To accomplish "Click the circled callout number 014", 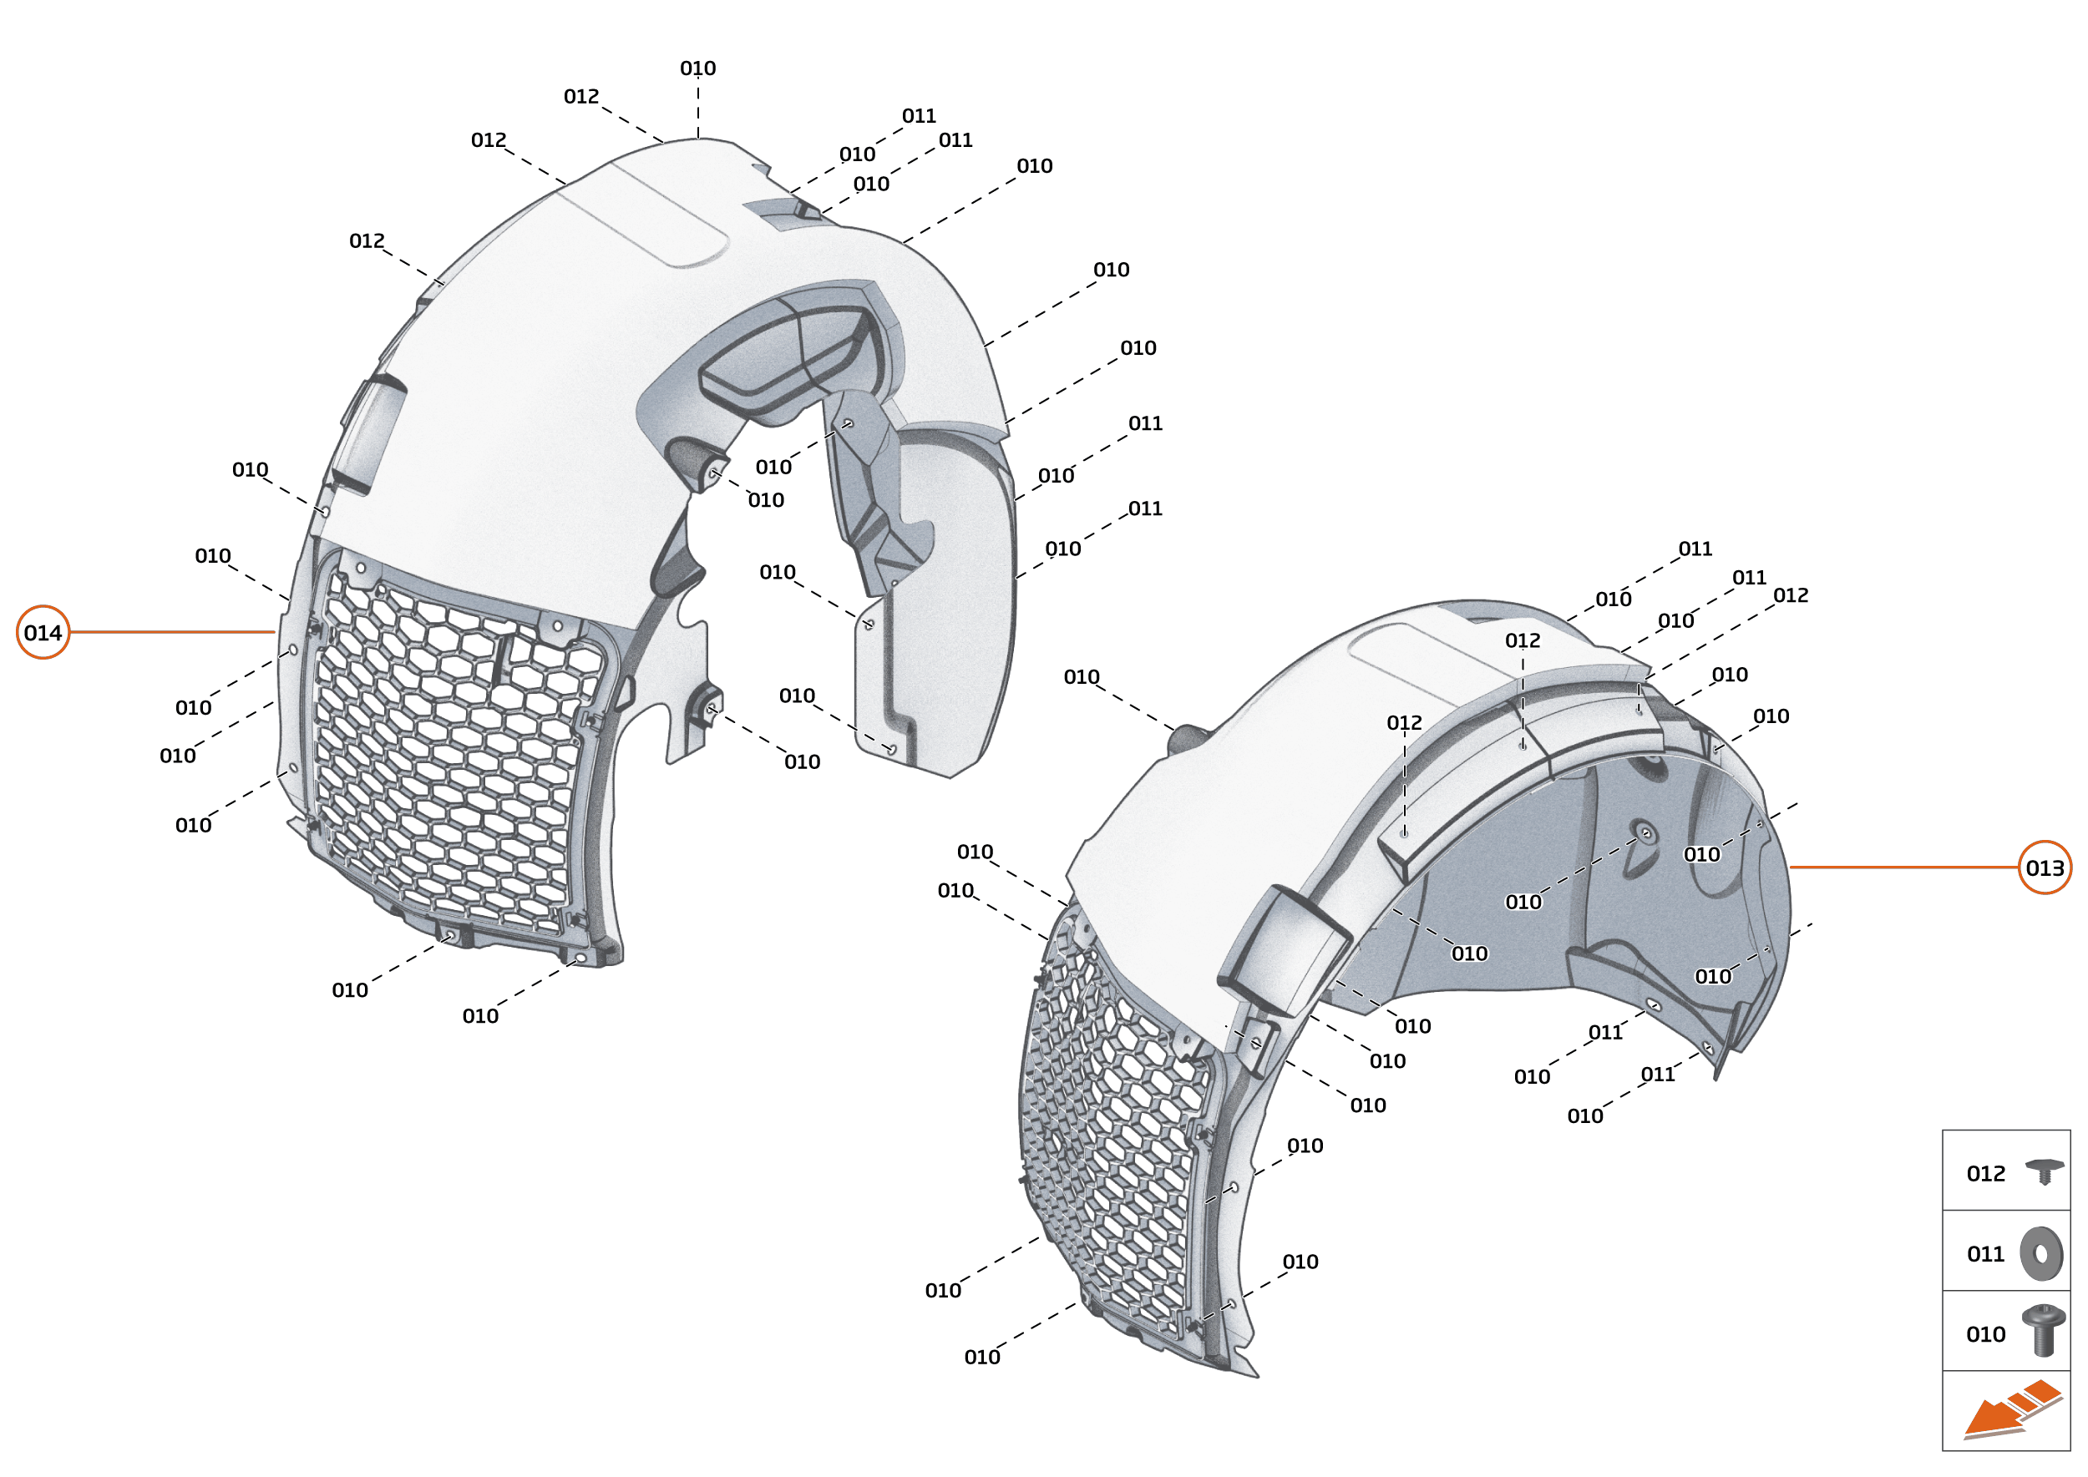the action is (43, 632).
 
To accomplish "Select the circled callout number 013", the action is (2045, 867).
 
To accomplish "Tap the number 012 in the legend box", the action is (1985, 1173).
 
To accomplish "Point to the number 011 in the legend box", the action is (1985, 1254).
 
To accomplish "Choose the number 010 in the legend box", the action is (1985, 1334).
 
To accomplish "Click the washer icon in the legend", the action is (2041, 1254).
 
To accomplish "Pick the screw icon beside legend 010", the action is (2044, 1331).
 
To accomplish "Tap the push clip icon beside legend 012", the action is (2044, 1171).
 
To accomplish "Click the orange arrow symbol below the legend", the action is (2010, 1410).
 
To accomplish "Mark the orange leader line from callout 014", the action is (173, 632).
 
